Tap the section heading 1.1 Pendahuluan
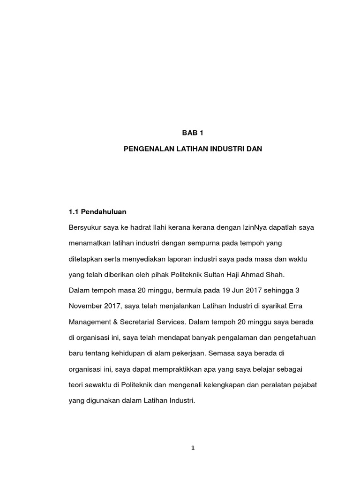[x=97, y=212]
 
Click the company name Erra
[x=308, y=306]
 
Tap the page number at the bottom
[x=193, y=448]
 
